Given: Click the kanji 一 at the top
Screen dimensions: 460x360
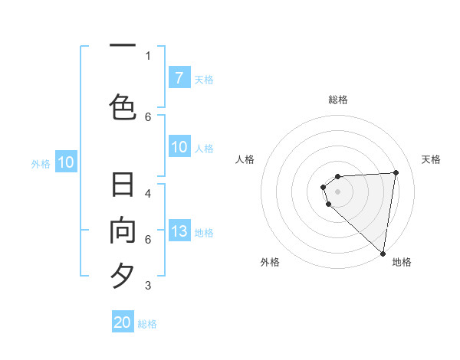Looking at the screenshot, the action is (123, 45).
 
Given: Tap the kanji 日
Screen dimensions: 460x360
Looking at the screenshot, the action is (123, 186).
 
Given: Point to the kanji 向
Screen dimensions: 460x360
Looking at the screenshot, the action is (123, 231).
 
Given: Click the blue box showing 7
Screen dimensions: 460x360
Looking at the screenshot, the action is (179, 78).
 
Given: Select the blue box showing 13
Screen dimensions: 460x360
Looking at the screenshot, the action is (179, 231).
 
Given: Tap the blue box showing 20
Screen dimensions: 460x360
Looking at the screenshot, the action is (123, 322).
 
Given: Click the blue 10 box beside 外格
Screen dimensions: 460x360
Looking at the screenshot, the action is (66, 162).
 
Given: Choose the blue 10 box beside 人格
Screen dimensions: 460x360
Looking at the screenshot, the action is (179, 147).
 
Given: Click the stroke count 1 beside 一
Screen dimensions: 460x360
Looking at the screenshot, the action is (148, 55).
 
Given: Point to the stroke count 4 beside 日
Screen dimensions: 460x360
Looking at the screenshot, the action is (148, 193).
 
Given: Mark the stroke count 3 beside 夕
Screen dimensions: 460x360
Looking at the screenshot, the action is (148, 286).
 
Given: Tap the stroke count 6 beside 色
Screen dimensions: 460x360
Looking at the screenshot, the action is (148, 116).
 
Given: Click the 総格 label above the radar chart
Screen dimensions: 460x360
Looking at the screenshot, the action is (338, 100).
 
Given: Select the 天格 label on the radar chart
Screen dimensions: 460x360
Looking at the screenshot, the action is (432, 159).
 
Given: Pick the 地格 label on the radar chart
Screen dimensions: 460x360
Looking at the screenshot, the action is (402, 262).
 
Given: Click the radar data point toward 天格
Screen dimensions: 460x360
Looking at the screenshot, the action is (396, 172).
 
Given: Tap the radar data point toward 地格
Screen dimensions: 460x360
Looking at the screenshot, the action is (383, 253).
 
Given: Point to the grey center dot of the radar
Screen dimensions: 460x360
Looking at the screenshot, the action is (338, 191).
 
